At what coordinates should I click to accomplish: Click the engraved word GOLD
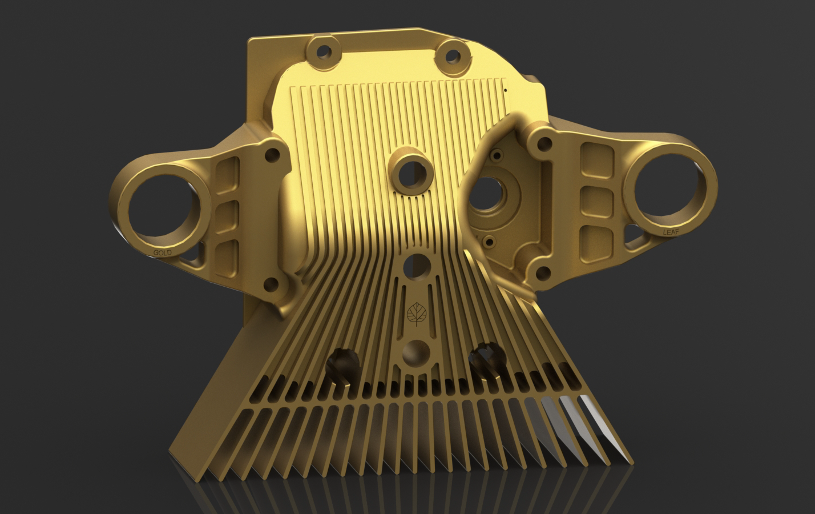coord(162,252)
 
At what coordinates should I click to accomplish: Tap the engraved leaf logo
coord(417,312)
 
